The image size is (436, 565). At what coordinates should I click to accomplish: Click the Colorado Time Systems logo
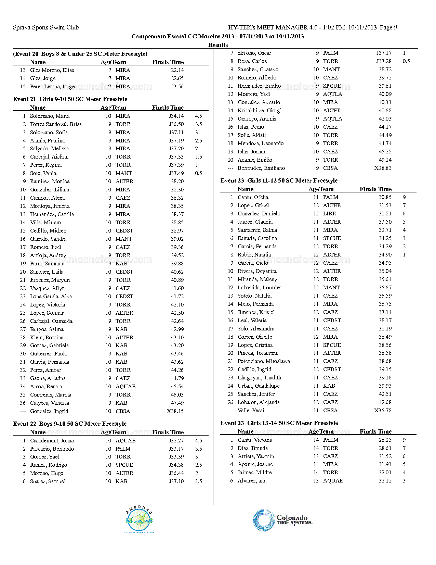tap(283, 520)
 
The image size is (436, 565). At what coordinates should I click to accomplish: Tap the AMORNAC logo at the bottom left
tap(139, 519)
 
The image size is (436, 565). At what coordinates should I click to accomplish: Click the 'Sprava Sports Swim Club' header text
tap(46, 27)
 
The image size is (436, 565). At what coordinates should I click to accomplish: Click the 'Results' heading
tap(218, 45)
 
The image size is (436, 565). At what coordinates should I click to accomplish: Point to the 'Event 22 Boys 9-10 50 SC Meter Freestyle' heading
tap(70, 424)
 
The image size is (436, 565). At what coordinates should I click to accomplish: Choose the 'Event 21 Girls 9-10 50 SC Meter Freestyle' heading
tap(70, 99)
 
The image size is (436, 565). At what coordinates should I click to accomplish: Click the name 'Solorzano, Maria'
tap(50, 116)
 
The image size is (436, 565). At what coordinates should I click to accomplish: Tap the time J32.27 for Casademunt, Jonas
tap(176, 441)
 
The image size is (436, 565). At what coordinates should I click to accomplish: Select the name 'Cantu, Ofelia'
tap(253, 197)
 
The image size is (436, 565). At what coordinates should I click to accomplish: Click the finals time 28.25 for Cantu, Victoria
tap(385, 440)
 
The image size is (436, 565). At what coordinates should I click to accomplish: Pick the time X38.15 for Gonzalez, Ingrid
tap(175, 411)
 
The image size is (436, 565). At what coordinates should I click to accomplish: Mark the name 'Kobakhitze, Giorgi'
tap(260, 111)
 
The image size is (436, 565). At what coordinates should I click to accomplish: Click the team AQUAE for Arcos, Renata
tap(125, 387)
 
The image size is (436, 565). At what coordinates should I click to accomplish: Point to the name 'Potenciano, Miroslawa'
tap(264, 361)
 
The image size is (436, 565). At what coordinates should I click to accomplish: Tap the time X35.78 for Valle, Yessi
tap(383, 411)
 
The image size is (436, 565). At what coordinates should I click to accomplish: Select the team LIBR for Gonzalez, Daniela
tap(330, 214)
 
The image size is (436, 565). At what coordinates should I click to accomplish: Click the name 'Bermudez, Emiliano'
tap(261, 168)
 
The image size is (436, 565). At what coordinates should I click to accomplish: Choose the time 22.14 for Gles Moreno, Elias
tap(177, 70)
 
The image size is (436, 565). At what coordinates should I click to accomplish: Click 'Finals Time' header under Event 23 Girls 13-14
tap(375, 431)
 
